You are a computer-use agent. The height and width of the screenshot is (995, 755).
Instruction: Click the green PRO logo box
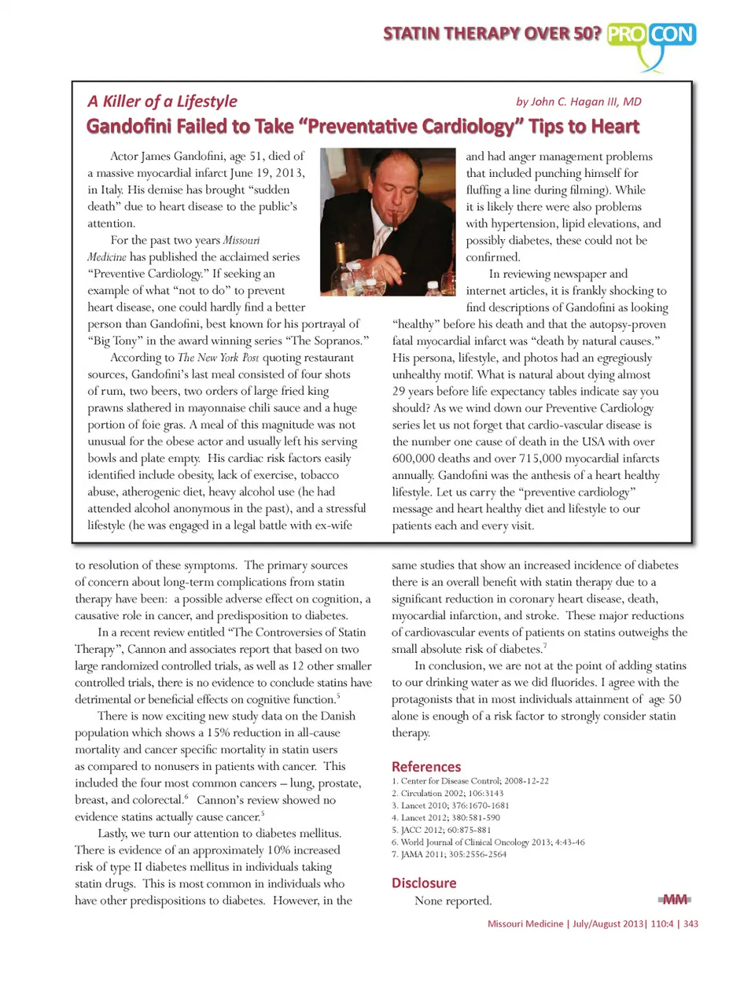point(628,35)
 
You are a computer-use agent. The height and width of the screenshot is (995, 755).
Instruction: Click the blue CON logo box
point(673,35)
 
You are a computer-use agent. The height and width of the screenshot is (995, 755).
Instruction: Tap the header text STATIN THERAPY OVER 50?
point(492,34)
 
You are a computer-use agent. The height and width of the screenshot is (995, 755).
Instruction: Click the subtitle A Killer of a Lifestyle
point(162,101)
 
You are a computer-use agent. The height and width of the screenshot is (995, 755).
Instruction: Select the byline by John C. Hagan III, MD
point(578,101)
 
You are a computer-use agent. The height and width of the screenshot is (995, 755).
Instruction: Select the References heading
point(426,766)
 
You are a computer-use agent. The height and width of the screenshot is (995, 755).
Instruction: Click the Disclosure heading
point(424,883)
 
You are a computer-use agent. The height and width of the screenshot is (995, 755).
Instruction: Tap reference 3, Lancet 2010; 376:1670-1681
point(450,805)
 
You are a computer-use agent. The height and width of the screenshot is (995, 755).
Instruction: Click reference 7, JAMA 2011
point(448,854)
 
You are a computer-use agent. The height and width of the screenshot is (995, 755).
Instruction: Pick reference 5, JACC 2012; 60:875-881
point(441,830)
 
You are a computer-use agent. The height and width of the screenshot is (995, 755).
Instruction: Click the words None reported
point(453,901)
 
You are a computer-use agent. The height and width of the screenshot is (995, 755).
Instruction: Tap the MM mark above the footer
point(674,899)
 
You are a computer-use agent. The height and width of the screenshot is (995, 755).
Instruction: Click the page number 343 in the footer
point(691,923)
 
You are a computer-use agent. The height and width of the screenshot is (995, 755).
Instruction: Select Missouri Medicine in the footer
point(525,923)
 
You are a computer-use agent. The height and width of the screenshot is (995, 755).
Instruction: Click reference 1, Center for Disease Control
point(470,781)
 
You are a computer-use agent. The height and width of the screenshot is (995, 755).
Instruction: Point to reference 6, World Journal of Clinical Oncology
point(488,842)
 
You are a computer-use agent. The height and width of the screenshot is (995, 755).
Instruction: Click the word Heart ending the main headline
point(616,127)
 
